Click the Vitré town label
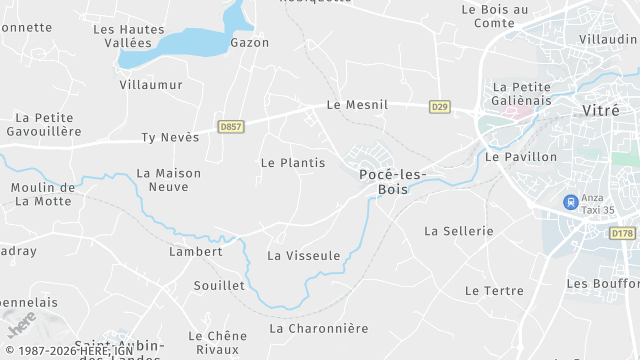click(601, 111)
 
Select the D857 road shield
click(231, 127)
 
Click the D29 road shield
click(439, 106)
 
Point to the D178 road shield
click(622, 232)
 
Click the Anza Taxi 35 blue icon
click(570, 202)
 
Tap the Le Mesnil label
click(357, 104)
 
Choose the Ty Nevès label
click(170, 137)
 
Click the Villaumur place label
click(151, 85)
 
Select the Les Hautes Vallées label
click(129, 36)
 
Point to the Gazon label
click(250, 43)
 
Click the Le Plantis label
click(293, 162)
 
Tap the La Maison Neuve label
click(169, 180)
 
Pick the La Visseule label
click(304, 255)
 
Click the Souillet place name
click(219, 285)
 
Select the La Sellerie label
click(459, 230)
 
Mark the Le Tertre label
click(494, 290)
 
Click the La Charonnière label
click(319, 328)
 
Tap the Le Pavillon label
click(520, 156)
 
